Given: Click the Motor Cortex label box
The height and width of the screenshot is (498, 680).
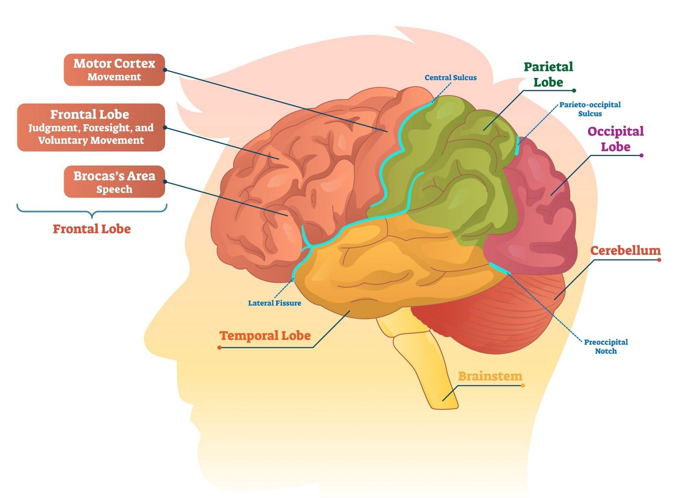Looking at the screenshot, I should pos(114,70).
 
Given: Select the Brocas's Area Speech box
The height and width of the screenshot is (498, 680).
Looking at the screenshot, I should pos(114,182).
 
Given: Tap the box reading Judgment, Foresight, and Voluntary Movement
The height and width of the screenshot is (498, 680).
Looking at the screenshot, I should pos(91,128).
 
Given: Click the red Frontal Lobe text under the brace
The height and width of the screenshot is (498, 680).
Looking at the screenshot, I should pos(92,229).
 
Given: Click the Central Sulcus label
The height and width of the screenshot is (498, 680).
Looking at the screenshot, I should pos(450,78).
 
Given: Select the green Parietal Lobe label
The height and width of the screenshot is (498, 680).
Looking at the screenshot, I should pos(548,74).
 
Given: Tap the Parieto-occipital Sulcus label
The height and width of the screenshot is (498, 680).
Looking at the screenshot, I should pos(590,109).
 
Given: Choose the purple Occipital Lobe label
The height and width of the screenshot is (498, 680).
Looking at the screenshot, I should pos(615,139).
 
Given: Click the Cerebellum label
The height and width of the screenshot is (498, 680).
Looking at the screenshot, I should pos(625,250).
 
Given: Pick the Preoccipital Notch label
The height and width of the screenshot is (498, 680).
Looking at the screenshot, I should pos(606,346).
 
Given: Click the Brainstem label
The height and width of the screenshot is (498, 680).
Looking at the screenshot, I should pos(490,376).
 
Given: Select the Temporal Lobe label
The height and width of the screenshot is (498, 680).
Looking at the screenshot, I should pos(265,336).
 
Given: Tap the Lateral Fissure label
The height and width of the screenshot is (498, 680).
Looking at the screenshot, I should pos(274,303).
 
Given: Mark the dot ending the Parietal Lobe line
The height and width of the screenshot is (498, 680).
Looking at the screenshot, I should pos(574,90).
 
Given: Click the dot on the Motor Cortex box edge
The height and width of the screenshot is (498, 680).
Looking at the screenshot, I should pos(165,70).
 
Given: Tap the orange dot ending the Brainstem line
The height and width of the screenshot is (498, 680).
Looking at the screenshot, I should pos(523,385).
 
